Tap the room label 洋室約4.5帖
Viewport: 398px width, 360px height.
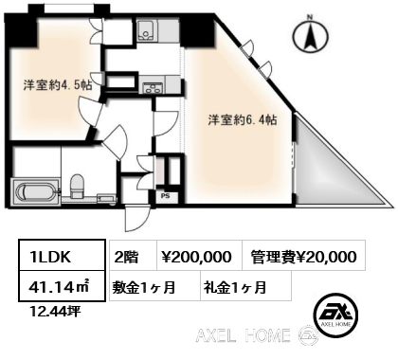coord(58,85)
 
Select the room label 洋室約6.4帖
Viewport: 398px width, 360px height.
coord(243,120)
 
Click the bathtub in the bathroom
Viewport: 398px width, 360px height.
coord(35,192)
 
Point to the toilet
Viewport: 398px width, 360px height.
coord(76,186)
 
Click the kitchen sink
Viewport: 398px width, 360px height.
coord(147,31)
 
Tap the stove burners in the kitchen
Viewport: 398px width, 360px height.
coord(154,87)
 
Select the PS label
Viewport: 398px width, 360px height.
coord(166,196)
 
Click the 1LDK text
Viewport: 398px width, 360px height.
coord(50,257)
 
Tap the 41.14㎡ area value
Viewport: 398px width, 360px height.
coord(59,287)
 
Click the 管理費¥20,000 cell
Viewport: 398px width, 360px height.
coord(304,257)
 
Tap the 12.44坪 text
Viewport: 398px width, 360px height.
coord(54,312)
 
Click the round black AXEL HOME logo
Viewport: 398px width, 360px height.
coord(335,315)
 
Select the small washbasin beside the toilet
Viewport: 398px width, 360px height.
coord(106,199)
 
